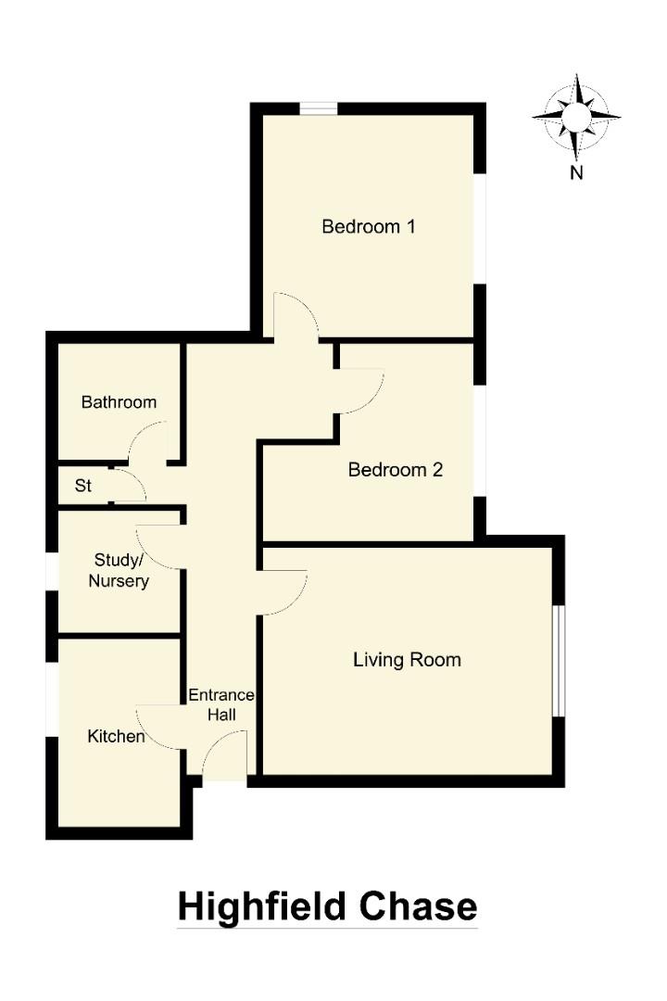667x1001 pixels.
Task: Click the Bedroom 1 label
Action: coord(368,226)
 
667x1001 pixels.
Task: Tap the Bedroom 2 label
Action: coord(396,470)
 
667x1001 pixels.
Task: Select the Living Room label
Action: coord(407,660)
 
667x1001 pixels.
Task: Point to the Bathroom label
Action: coord(119,402)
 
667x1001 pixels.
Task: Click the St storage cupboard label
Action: coord(83,485)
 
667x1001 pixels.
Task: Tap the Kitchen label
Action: coord(116,736)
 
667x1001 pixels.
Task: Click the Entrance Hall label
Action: coord(221,704)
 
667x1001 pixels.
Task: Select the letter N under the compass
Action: coord(576,172)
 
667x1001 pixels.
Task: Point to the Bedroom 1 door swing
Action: coord(295,315)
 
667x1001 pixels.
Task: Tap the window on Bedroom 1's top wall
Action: coord(318,108)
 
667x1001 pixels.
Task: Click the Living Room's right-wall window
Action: coord(559,660)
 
